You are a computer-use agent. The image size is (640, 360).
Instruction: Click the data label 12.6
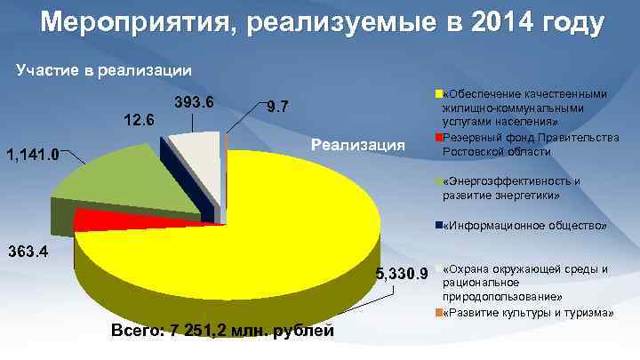click(138, 120)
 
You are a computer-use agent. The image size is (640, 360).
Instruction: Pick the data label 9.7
click(276, 108)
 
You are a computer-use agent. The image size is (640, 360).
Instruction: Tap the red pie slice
click(89, 217)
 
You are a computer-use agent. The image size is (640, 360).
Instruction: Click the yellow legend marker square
click(437, 93)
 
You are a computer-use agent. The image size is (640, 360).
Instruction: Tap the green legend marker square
click(437, 181)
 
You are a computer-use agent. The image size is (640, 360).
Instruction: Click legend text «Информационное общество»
click(524, 226)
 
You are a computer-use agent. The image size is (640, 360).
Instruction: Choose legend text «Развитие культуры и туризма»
click(528, 313)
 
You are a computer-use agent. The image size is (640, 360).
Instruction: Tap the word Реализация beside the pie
click(358, 145)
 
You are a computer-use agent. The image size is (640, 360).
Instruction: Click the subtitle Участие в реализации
click(103, 69)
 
